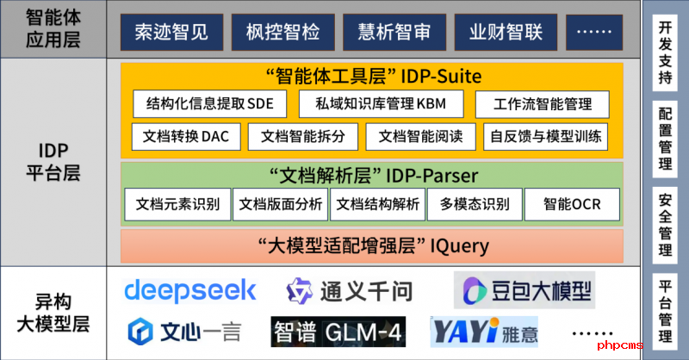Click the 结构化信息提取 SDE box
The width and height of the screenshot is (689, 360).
[x=209, y=104]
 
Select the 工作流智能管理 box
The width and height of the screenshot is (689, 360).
[x=543, y=104]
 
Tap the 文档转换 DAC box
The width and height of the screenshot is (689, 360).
[x=186, y=137]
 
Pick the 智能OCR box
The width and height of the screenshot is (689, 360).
[x=571, y=204]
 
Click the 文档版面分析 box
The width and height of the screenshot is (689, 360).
[x=281, y=204]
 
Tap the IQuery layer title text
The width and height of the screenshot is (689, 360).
[x=373, y=245]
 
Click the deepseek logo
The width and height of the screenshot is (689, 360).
[x=190, y=289]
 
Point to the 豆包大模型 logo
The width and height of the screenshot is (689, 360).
[x=525, y=290]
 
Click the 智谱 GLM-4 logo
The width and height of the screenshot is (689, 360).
[x=338, y=332]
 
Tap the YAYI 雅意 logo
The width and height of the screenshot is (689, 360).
[x=489, y=332]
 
